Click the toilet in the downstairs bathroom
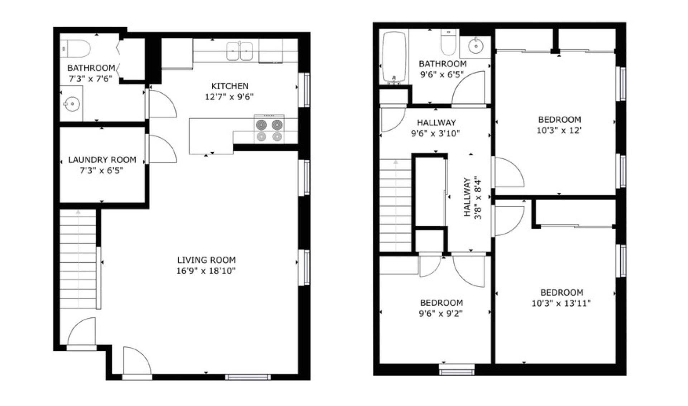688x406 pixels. [75, 49]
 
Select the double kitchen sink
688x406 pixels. [239, 51]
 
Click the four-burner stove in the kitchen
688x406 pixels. [269, 130]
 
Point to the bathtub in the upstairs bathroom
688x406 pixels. [395, 57]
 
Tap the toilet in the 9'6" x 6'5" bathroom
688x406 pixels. [448, 43]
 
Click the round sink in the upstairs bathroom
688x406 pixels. [476, 46]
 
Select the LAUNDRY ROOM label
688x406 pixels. [102, 160]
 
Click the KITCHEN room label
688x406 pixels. [230, 86]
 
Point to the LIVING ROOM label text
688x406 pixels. [206, 260]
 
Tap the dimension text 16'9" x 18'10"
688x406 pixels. [206, 271]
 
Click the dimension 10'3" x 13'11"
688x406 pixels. [561, 303]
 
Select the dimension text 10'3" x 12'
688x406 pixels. [559, 130]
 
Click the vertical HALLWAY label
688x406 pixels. [467, 197]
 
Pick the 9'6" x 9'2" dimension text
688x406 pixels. [441, 314]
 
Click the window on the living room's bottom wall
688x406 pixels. [248, 377]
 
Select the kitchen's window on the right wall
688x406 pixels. [306, 90]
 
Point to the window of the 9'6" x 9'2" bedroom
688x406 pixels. [457, 370]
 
